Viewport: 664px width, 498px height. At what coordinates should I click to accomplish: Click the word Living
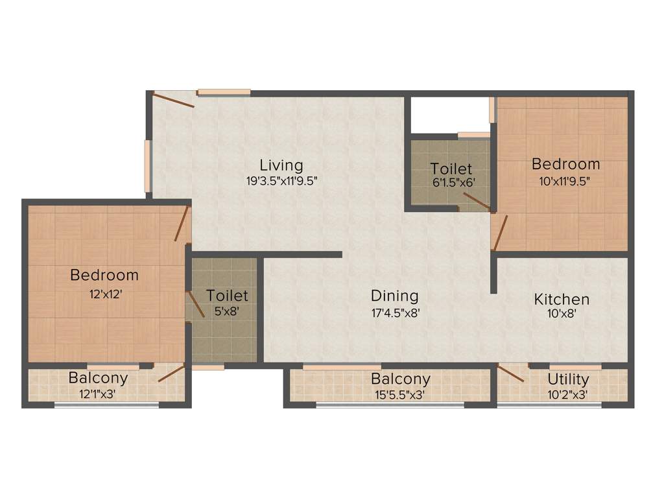pyautogui.click(x=281, y=165)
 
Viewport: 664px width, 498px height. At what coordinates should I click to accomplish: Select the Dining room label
pyautogui.click(x=394, y=296)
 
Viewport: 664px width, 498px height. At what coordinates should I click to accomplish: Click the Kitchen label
pyautogui.click(x=562, y=300)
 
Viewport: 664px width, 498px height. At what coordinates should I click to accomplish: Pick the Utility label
pyautogui.click(x=568, y=379)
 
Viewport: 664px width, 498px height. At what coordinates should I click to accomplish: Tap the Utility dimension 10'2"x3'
pyautogui.click(x=568, y=394)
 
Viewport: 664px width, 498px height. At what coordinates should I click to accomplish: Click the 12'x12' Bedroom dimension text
pyautogui.click(x=105, y=293)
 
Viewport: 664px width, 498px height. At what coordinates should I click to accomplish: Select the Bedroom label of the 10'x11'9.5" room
pyautogui.click(x=566, y=164)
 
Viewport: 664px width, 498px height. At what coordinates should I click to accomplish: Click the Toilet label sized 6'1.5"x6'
pyautogui.click(x=451, y=169)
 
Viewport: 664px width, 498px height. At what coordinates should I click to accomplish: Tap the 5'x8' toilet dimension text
pyautogui.click(x=227, y=311)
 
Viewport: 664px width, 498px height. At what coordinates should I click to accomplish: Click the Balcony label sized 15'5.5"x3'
pyautogui.click(x=400, y=379)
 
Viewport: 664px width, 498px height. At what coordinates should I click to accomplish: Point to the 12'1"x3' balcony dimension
pyautogui.click(x=98, y=394)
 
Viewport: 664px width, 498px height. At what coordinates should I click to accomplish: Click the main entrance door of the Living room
pyautogui.click(x=173, y=100)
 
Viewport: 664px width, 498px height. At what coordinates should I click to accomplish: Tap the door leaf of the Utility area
pyautogui.click(x=511, y=374)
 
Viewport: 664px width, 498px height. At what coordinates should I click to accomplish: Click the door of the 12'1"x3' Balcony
pyautogui.click(x=171, y=373)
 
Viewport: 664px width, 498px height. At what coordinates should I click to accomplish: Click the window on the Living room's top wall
pyautogui.click(x=224, y=92)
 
